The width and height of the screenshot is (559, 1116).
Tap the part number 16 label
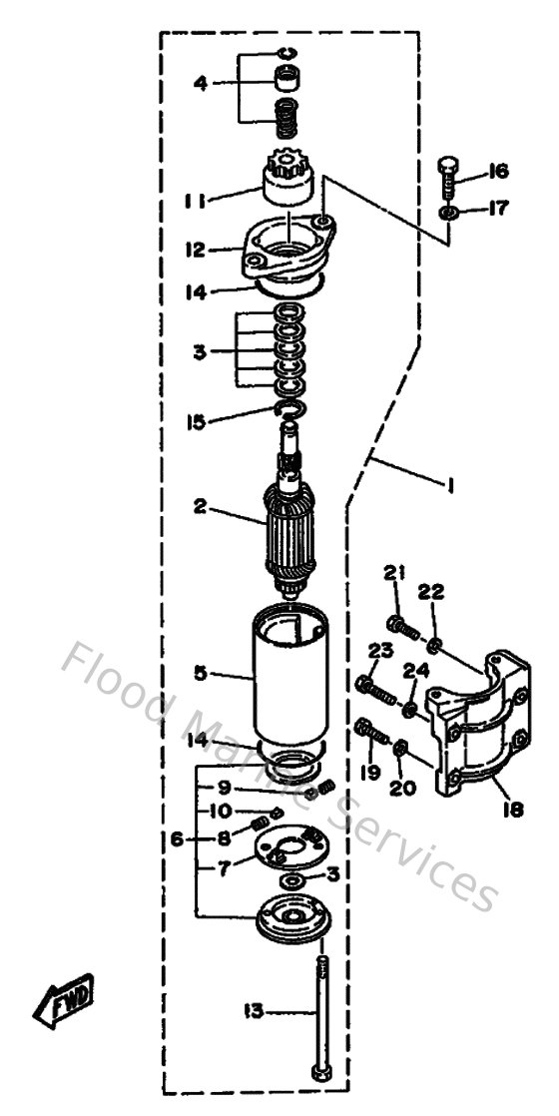pyautogui.click(x=498, y=173)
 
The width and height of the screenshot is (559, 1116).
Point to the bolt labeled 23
pyautogui.click(x=376, y=687)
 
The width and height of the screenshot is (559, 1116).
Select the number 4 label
pyautogui.click(x=201, y=84)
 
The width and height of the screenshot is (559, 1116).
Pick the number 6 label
pyautogui.click(x=176, y=840)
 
